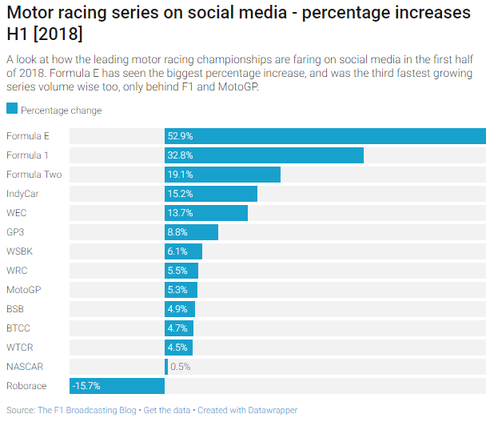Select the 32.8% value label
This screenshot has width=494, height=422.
coord(180,155)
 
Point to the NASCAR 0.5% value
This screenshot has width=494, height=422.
coord(180,367)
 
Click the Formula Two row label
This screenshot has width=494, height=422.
coord(34,175)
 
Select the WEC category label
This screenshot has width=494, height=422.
coord(17,213)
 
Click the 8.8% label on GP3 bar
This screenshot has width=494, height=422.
coord(177,232)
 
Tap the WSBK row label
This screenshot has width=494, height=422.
coord(20,251)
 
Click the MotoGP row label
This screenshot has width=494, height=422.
coord(23,290)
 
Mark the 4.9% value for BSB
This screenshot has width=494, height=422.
coord(177,309)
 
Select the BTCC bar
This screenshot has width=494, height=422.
coord(179,328)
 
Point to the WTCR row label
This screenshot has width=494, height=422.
coord(20,348)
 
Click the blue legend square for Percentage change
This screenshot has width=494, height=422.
coord(11,110)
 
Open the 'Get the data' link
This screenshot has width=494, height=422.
coord(166,410)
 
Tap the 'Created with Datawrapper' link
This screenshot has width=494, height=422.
coord(247,410)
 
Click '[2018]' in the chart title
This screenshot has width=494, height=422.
coord(55,35)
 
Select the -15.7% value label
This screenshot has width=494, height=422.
coord(86,386)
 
